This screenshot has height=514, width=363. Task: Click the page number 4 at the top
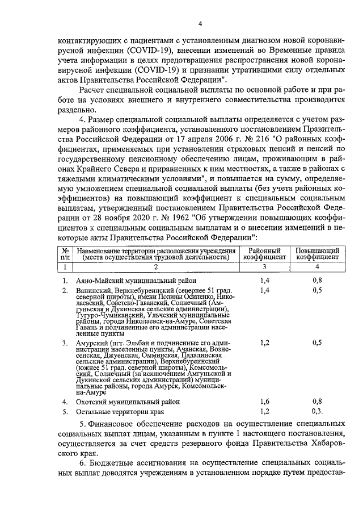coord(200,23)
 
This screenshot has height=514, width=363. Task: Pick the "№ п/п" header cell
coord(65,253)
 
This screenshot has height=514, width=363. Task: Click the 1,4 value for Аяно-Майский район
coord(264,280)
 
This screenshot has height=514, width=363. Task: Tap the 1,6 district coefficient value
coord(264,401)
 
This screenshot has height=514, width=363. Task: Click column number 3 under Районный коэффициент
coord(264,266)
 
